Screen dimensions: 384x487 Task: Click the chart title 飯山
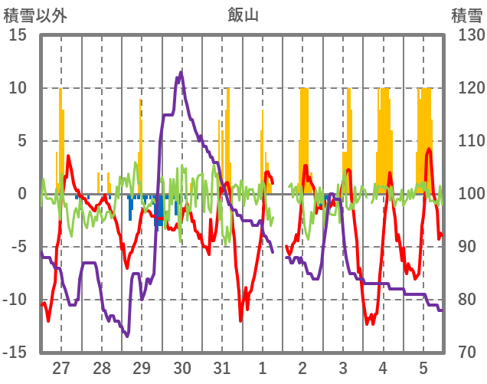click(243, 14)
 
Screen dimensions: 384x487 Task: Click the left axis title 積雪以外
click(34, 14)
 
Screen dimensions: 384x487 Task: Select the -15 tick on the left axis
click(15, 353)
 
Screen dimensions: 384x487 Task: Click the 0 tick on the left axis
click(22, 194)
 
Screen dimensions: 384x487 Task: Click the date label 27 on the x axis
click(61, 367)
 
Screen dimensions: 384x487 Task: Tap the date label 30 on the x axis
click(182, 367)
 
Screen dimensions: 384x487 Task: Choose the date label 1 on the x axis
click(263, 367)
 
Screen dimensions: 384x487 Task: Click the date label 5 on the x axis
click(423, 367)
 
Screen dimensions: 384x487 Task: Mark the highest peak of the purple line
click(181, 72)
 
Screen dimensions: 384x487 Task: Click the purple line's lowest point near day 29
click(127, 336)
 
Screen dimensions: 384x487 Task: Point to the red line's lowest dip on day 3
click(370, 323)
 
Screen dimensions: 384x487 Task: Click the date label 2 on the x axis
click(302, 367)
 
